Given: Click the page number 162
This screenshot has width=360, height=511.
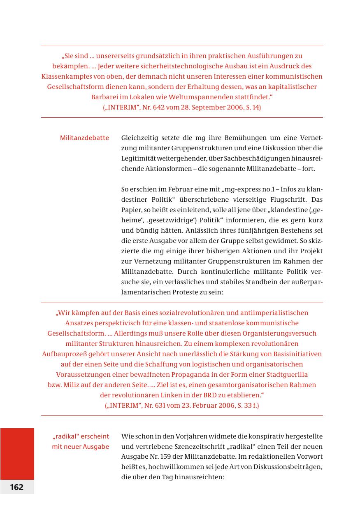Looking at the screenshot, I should (17, 487).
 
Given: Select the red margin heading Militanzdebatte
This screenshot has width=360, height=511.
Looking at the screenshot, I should (84, 138).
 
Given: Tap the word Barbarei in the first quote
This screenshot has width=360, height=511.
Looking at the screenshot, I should (103, 97).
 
